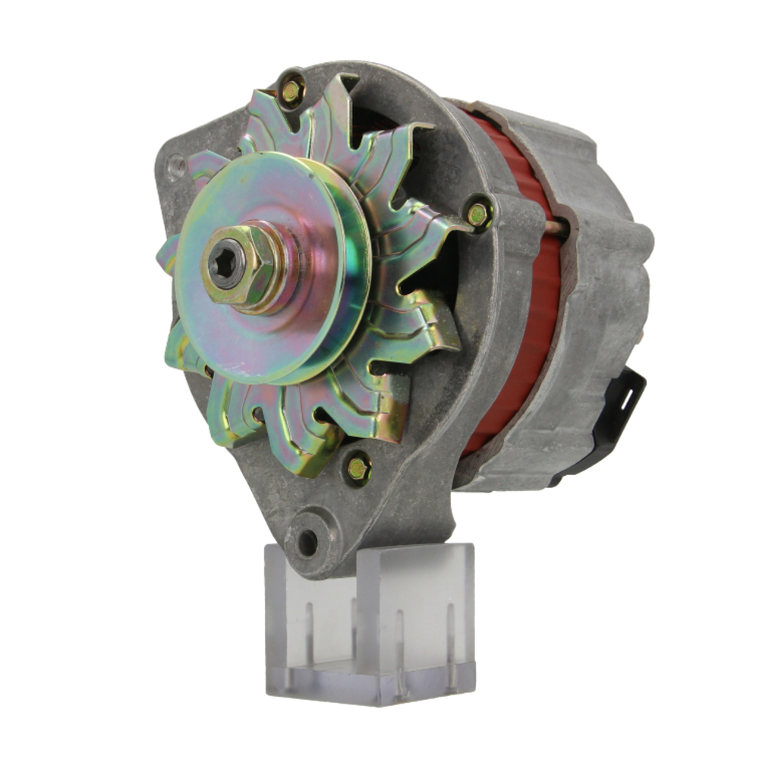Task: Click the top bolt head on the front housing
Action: [291, 91]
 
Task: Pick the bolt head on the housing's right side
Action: [478, 216]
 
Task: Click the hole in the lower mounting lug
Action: [307, 541]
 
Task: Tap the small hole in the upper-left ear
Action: [177, 163]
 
